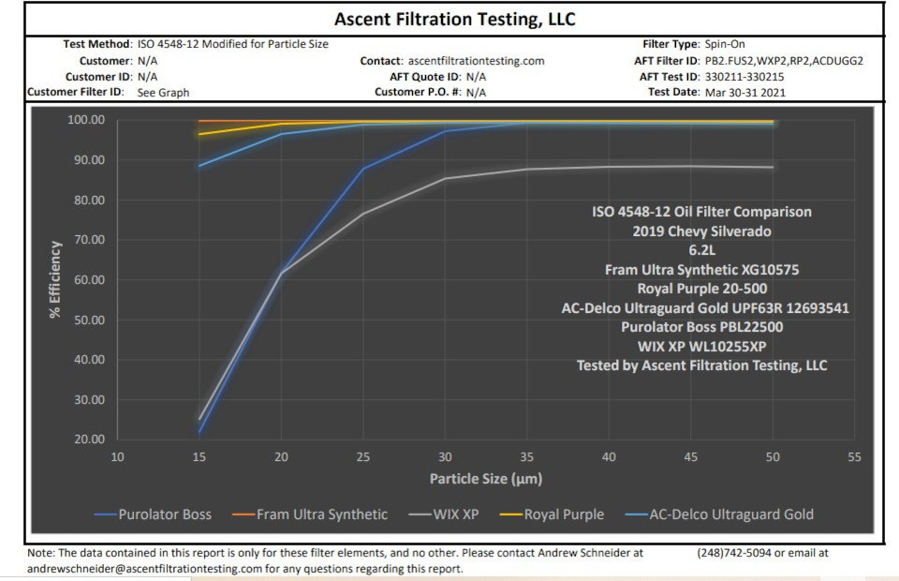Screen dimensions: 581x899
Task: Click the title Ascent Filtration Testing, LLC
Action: click(x=454, y=19)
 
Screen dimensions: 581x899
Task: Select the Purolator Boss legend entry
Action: click(x=165, y=514)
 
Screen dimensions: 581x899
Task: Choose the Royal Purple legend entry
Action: click(x=564, y=514)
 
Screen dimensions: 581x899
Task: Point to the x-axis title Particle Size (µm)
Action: click(x=486, y=479)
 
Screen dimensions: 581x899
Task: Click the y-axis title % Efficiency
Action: click(x=56, y=279)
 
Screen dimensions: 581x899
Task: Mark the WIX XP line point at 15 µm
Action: click(x=199, y=419)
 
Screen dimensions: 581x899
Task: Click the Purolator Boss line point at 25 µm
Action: click(x=363, y=169)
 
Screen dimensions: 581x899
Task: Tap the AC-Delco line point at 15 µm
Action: click(x=199, y=166)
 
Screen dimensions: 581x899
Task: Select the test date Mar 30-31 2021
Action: click(x=745, y=93)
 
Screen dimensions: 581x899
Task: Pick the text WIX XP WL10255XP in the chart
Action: click(x=701, y=347)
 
